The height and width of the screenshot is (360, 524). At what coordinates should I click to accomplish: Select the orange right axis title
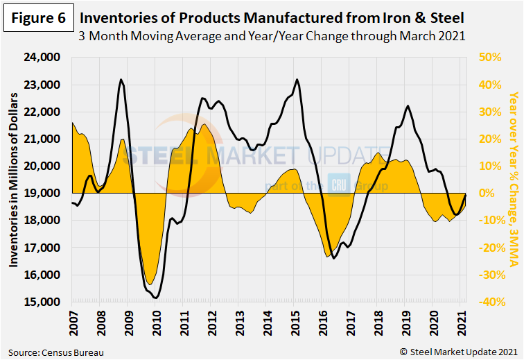click(514, 179)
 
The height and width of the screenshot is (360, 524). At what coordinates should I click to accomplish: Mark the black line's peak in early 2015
click(297, 79)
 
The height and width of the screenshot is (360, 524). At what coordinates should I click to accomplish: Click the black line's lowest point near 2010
click(157, 298)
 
